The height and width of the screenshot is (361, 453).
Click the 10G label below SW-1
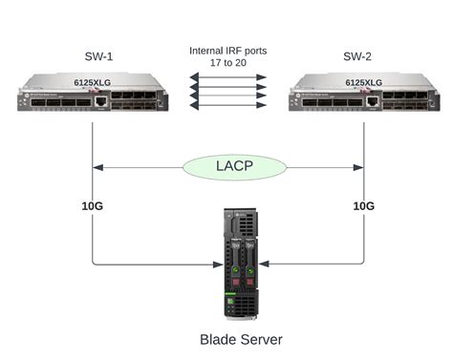[x=92, y=205]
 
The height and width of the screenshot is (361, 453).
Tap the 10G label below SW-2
[x=364, y=205]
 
